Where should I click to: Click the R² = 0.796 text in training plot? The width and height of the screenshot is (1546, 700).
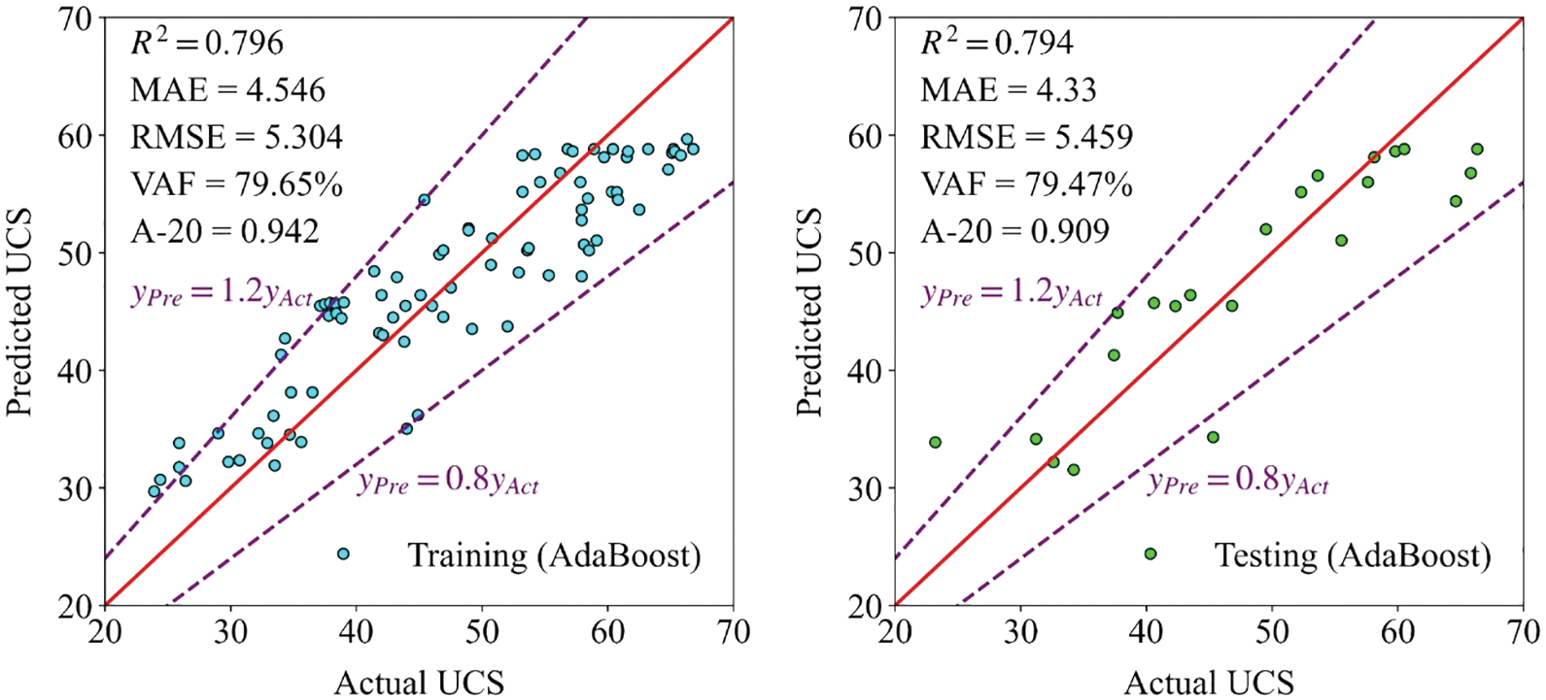pyautogui.click(x=207, y=43)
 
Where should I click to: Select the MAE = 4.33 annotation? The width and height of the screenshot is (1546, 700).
pyautogui.click(x=1008, y=90)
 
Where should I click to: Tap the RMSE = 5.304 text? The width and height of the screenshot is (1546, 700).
pyautogui.click(x=236, y=137)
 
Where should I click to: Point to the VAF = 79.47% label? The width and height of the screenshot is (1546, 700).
pyautogui.click(x=1026, y=183)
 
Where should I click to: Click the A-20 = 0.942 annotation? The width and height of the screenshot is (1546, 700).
pyautogui.click(x=224, y=231)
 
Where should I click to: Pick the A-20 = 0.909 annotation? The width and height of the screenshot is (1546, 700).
pyautogui.click(x=1014, y=231)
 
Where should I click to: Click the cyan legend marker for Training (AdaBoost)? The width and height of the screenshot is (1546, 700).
pyautogui.click(x=343, y=554)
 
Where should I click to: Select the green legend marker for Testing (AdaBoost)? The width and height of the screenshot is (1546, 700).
pyautogui.click(x=1151, y=554)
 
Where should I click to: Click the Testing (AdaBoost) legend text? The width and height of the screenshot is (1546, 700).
pyautogui.click(x=1352, y=555)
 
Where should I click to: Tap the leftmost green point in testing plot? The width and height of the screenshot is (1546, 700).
pyautogui.click(x=935, y=443)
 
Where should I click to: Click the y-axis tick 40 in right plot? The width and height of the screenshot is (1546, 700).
pyautogui.click(x=868, y=371)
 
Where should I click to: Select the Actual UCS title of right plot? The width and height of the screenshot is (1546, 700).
pyautogui.click(x=1209, y=683)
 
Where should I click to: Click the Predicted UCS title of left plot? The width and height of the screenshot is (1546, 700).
pyautogui.click(x=19, y=313)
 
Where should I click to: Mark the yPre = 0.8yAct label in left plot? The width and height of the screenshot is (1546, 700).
pyautogui.click(x=448, y=482)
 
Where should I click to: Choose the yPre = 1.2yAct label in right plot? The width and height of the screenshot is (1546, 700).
pyautogui.click(x=1012, y=294)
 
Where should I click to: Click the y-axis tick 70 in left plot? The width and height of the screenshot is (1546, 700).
pyautogui.click(x=78, y=18)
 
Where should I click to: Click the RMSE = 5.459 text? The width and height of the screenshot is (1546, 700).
pyautogui.click(x=1026, y=137)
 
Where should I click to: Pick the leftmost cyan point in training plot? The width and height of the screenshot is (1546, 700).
pyautogui.click(x=154, y=491)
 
